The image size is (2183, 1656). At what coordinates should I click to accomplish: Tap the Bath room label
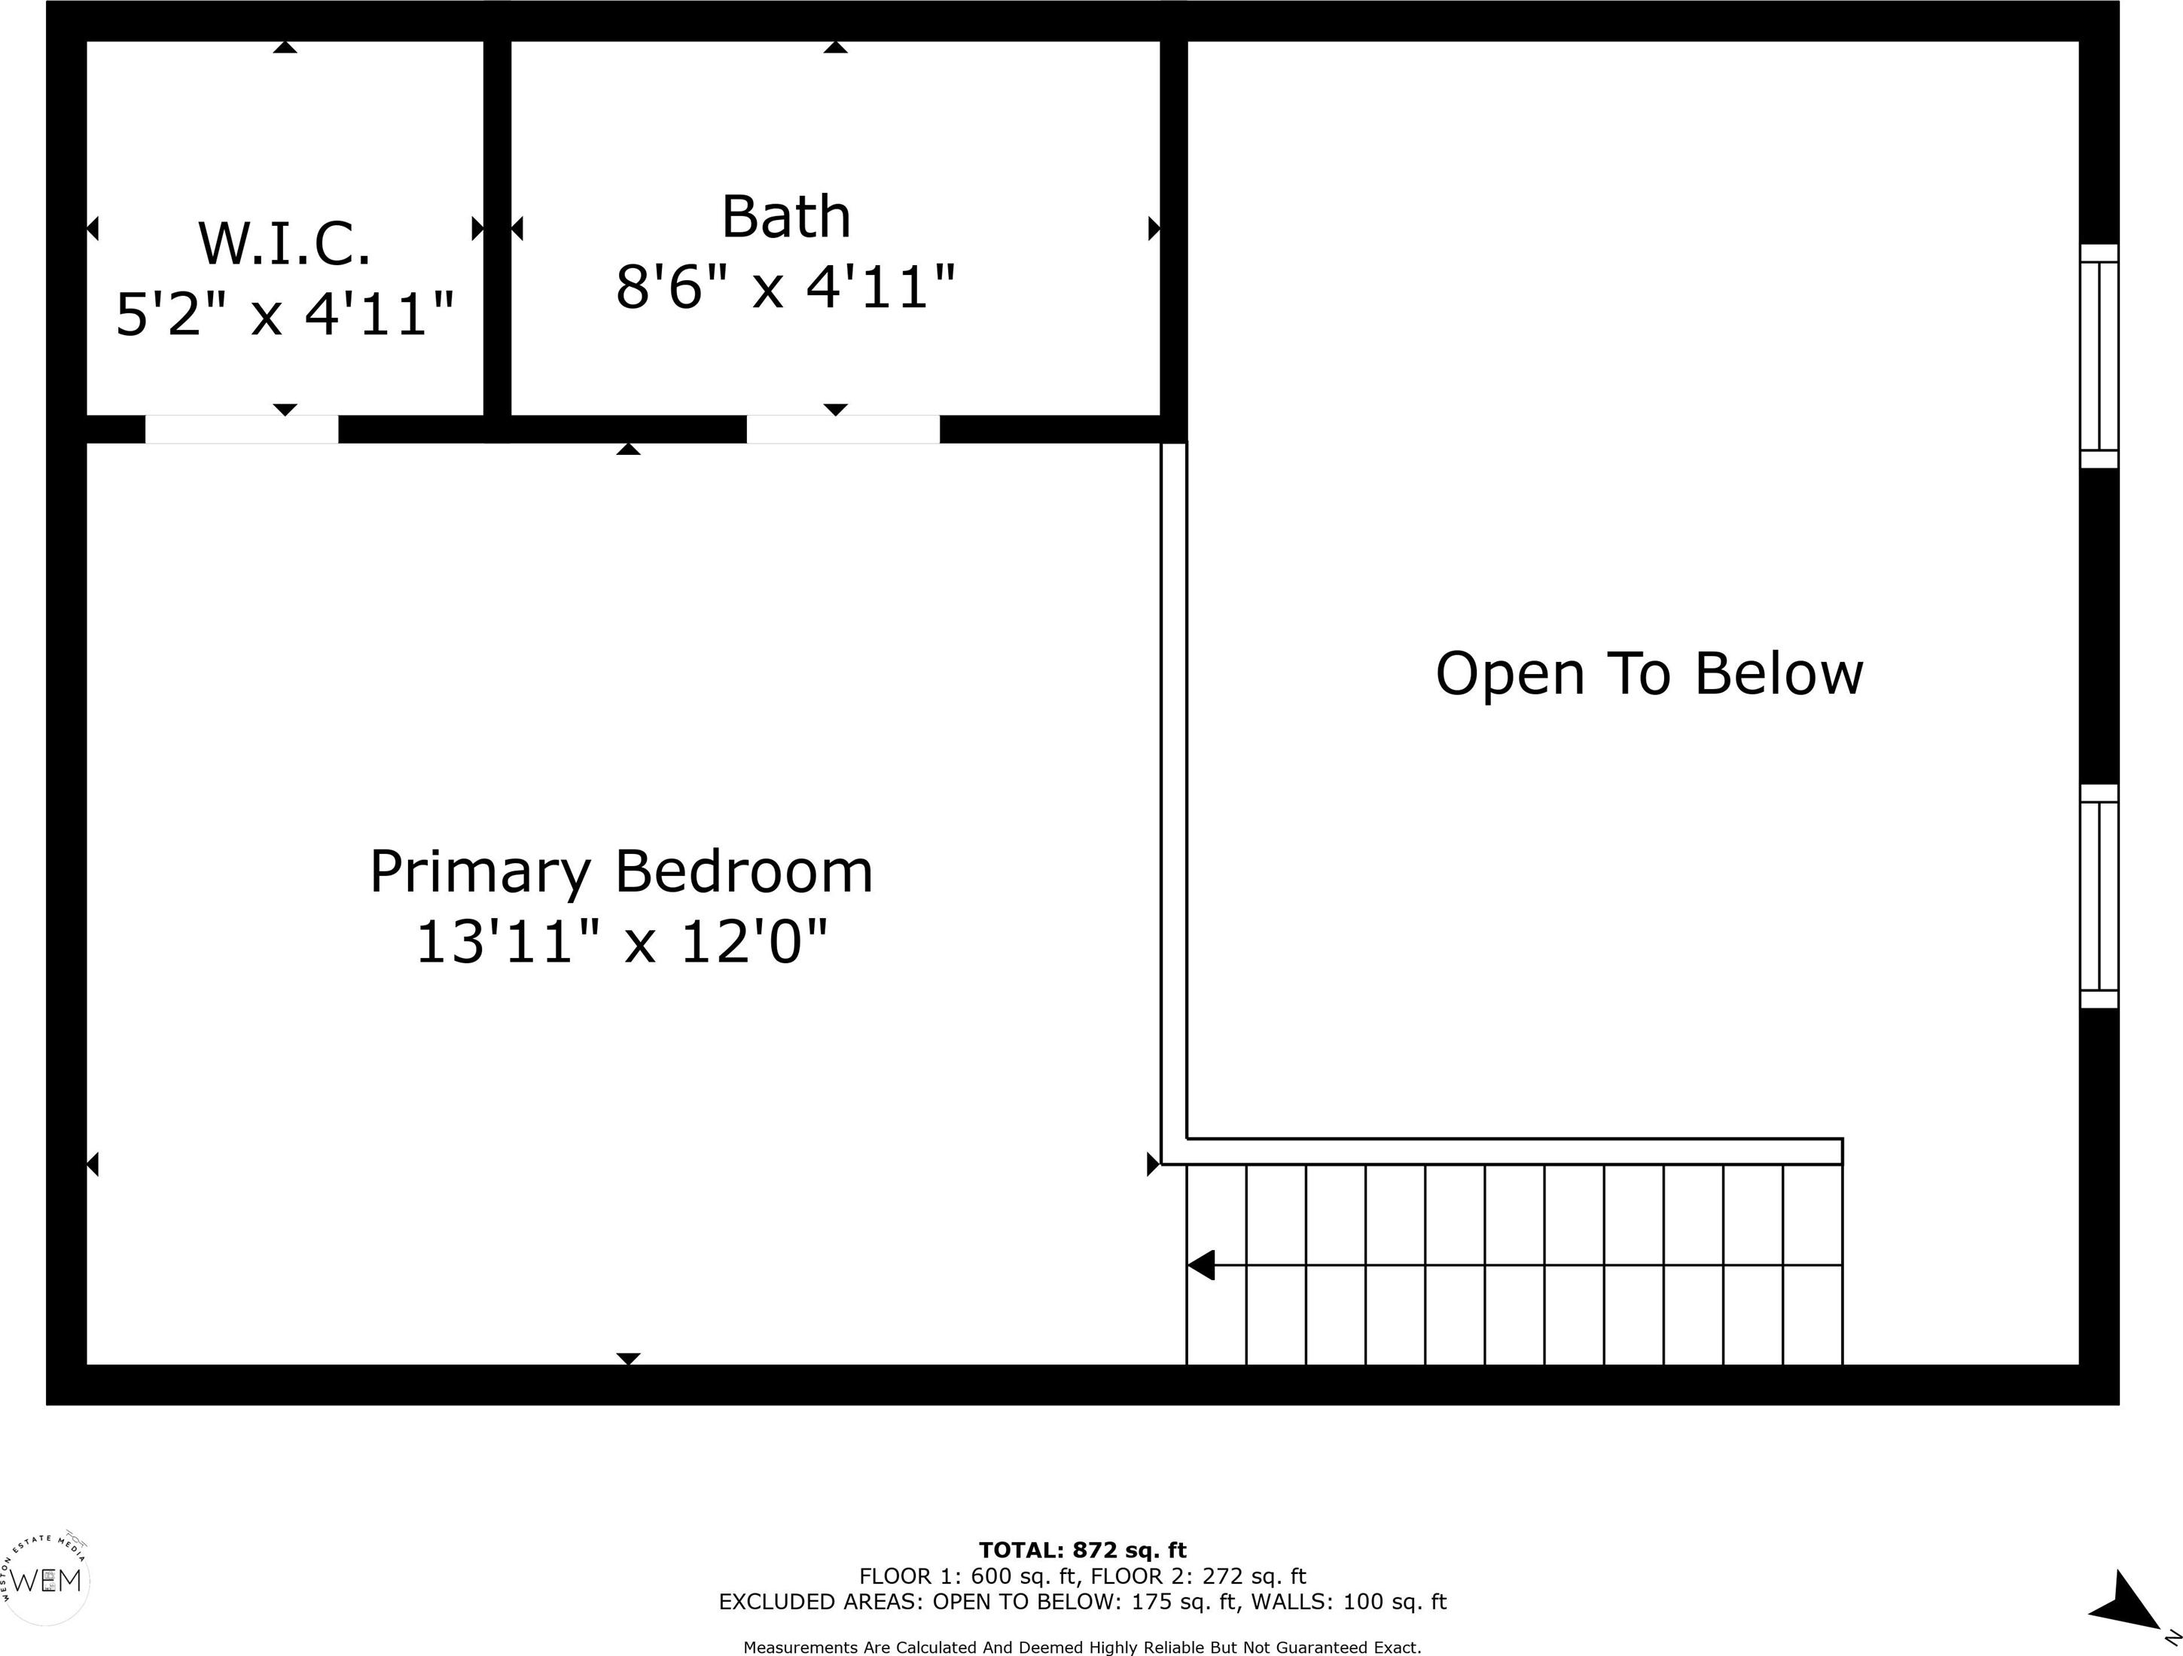tap(785, 216)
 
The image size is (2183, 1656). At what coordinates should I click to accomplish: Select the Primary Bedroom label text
tap(620, 872)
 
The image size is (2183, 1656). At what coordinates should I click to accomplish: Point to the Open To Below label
tap(1649, 674)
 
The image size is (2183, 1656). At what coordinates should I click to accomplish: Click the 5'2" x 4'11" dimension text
tap(285, 314)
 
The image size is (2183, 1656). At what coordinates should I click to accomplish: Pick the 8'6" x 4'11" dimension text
tap(785, 287)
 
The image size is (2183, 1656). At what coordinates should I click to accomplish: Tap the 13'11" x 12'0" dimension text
tap(620, 941)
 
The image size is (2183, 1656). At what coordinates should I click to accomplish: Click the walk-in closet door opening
tap(242, 429)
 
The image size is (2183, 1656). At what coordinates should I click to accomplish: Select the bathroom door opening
tap(843, 429)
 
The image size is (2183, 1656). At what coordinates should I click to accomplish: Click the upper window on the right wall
tap(2099, 356)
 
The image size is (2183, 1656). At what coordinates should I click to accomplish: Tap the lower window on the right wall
tap(2099, 896)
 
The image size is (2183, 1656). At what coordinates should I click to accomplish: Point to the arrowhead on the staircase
tap(1200, 1265)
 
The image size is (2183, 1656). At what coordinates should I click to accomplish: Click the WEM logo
tap(47, 1581)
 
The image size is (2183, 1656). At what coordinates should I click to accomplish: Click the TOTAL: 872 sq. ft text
tap(1083, 1551)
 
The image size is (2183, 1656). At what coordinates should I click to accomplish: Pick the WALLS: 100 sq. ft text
tap(1349, 1602)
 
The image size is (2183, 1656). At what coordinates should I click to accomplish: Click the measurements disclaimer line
tap(1083, 1647)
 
